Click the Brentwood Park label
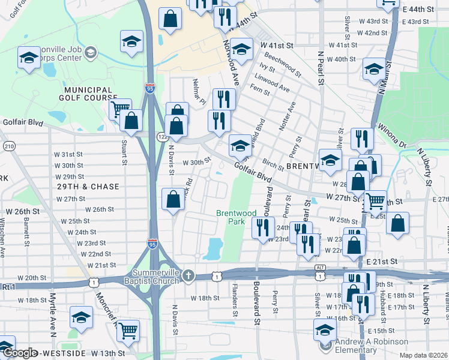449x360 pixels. tap(236, 217)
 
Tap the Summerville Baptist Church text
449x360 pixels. tap(152, 277)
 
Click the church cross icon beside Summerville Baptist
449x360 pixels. tap(188, 275)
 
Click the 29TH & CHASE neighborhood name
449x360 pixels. tap(84, 187)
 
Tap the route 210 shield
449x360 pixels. tap(8, 146)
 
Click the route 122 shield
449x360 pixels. tap(161, 137)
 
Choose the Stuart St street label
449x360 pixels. tap(124, 152)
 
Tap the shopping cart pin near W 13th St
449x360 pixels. tap(127, 330)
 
